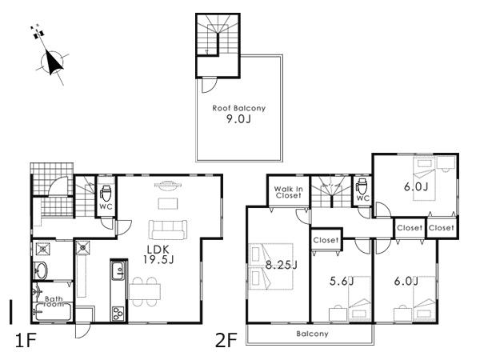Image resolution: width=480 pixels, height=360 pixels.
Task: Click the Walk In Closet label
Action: [x=288, y=193]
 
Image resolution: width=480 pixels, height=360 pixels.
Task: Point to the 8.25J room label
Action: [x=282, y=265]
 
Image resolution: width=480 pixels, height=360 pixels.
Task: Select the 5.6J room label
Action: [x=342, y=281]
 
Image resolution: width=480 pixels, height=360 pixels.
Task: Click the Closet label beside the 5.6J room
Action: [x=325, y=240]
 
